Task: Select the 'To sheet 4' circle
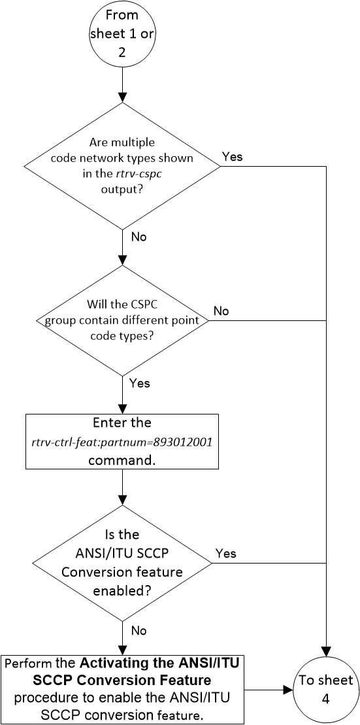[x=325, y=689]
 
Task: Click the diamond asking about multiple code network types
[x=122, y=166]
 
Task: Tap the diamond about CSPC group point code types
[x=122, y=320]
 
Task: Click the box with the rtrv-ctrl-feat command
[x=122, y=441]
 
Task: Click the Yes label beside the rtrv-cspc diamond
[x=233, y=157]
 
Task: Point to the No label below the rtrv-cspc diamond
[x=139, y=237]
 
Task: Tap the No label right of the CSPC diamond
[x=221, y=311]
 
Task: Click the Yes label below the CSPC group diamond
[x=140, y=383]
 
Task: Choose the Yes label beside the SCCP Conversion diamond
[x=225, y=553]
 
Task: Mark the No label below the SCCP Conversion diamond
[x=139, y=630]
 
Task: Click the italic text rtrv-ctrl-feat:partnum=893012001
[x=122, y=441]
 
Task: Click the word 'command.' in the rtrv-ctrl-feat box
[x=122, y=459]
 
